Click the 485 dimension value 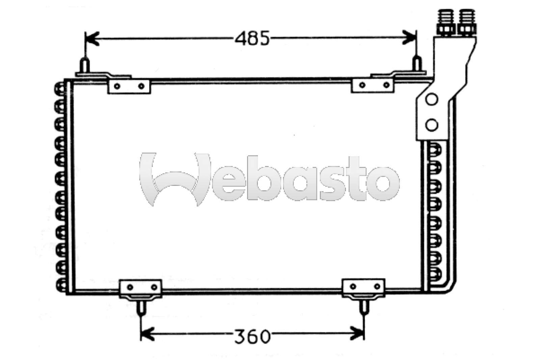(252, 38)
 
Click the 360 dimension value (252, 336)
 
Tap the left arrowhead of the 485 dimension (90, 38)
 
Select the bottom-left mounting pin (141, 306)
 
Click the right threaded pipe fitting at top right (465, 21)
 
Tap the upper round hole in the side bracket (432, 100)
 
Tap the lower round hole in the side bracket (432, 125)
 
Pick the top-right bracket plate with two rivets (373, 85)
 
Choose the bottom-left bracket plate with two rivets (140, 288)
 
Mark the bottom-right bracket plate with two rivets (364, 287)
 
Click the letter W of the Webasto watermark (174, 179)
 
